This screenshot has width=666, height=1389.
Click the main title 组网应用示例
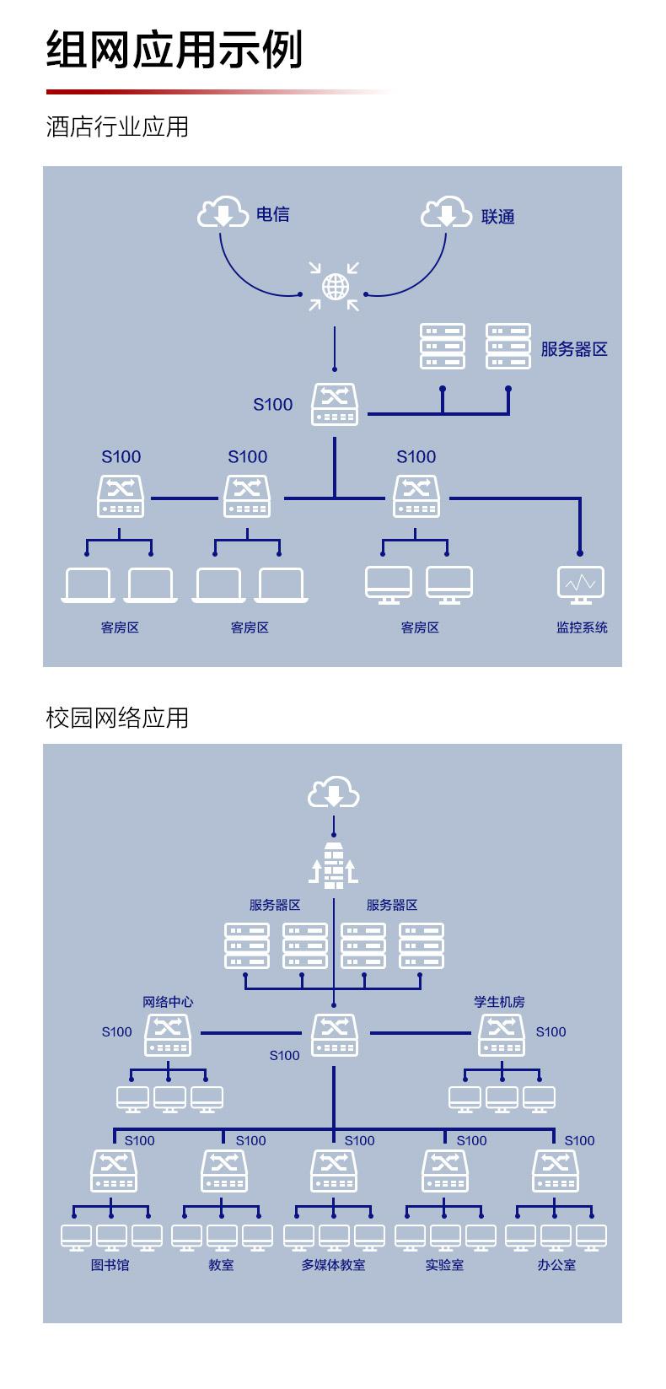175,50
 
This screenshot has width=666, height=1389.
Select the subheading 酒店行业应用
117,127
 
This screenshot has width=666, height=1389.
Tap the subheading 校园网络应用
117,718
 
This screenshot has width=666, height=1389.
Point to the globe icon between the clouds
335,287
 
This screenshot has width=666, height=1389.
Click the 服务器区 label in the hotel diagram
574,349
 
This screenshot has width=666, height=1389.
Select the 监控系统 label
582,627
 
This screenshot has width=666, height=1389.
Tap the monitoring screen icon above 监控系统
580,584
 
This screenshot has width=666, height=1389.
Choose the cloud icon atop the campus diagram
334,791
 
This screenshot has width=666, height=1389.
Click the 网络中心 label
168,1001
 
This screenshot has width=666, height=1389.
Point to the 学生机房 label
499,1001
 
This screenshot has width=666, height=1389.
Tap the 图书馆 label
110,1265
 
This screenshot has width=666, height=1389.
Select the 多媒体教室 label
334,1265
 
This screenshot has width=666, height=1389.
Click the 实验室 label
444,1265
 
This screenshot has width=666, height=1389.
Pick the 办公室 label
556,1265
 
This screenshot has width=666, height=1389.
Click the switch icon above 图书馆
114,1171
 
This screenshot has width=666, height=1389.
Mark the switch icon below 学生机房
502,1035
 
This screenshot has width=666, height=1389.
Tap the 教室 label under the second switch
222,1265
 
